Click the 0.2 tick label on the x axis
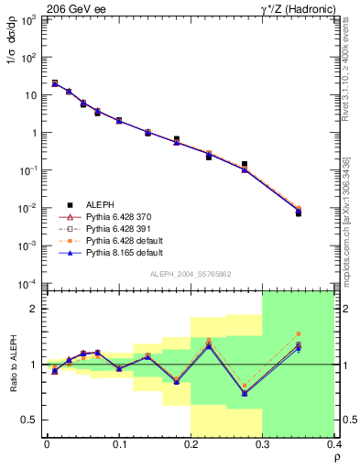(x=191, y=446)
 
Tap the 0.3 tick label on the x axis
(x=263, y=446)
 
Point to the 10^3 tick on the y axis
(x=30, y=19)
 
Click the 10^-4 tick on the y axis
(x=29, y=283)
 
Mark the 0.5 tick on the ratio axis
(x=30, y=420)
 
